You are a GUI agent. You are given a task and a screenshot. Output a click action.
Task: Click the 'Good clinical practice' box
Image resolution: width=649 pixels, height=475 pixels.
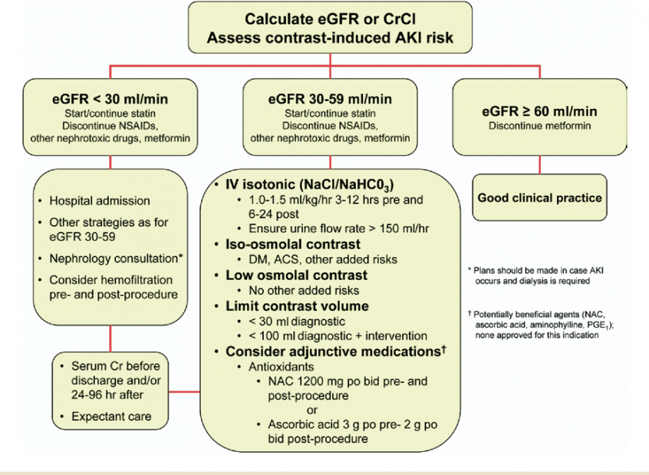pyautogui.click(x=540, y=197)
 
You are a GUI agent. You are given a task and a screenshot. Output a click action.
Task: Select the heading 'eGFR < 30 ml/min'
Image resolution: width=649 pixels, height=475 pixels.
pyautogui.click(x=110, y=100)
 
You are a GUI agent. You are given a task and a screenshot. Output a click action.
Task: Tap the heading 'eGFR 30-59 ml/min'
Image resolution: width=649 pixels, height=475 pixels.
pyautogui.click(x=330, y=100)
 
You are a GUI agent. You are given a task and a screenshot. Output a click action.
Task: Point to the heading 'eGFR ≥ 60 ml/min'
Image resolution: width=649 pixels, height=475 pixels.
pyautogui.click(x=540, y=111)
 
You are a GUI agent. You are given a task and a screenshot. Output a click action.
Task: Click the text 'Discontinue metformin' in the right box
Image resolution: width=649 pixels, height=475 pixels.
pyautogui.click(x=540, y=126)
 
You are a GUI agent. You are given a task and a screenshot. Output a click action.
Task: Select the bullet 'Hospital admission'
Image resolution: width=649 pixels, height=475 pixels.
pyautogui.click(x=100, y=201)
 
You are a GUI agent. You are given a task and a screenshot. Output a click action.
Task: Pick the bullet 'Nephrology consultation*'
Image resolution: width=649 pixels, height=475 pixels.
pyautogui.click(x=117, y=259)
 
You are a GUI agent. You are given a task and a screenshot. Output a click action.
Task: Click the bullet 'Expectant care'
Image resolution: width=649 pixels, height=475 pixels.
pyautogui.click(x=111, y=416)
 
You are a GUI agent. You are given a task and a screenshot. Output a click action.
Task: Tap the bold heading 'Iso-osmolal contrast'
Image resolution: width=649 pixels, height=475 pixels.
pyautogui.click(x=292, y=244)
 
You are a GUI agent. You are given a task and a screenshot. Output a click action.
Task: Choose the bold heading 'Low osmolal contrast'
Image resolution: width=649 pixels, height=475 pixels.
pyautogui.click(x=296, y=275)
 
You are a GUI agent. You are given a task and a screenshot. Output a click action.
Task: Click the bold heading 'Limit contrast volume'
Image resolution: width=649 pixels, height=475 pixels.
pyautogui.click(x=297, y=306)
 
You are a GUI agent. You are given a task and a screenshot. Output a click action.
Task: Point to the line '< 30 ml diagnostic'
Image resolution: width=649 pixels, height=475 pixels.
pyautogui.click(x=297, y=322)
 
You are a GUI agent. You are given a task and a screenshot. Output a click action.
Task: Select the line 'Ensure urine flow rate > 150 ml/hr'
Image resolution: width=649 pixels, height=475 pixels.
pyautogui.click(x=339, y=229)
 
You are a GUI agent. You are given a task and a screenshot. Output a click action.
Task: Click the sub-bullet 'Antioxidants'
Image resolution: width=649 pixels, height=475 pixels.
pyautogui.click(x=282, y=367)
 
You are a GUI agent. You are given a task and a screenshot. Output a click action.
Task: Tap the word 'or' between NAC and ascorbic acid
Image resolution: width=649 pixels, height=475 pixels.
pyautogui.click(x=312, y=411)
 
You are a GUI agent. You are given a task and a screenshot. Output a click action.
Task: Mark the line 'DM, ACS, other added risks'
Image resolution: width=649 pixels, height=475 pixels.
pyautogui.click(x=323, y=259)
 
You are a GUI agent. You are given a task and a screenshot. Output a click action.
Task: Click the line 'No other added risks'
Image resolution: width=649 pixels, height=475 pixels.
pyautogui.click(x=304, y=290)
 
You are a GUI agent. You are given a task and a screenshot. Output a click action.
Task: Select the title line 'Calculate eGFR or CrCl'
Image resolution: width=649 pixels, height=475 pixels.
pyautogui.click(x=331, y=19)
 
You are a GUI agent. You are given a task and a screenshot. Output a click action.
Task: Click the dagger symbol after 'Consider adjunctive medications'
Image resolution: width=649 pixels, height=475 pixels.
pyautogui.click(x=443, y=349)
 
